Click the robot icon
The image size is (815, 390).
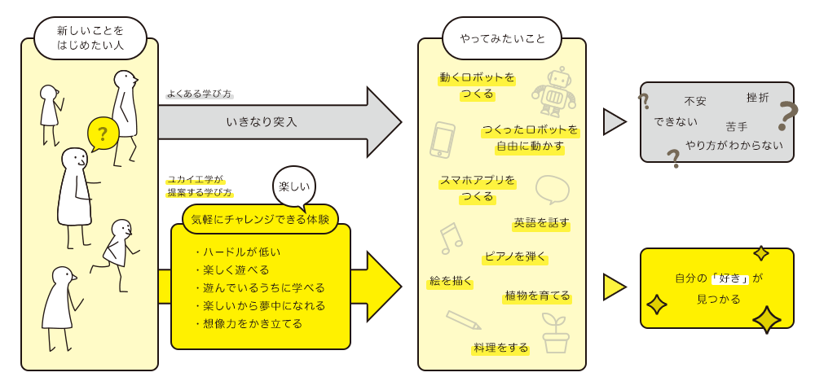point(553,91)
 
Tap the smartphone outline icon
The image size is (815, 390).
point(443,140)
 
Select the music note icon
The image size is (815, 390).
point(451,239)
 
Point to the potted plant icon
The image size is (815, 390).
point(556,333)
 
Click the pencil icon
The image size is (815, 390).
point(464,320)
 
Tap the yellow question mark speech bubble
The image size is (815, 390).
point(103,134)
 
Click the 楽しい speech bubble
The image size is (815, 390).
point(294,187)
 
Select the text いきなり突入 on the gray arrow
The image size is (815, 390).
point(262,123)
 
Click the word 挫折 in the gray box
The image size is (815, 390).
point(757,97)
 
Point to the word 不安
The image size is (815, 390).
point(695,101)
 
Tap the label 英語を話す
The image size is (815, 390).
point(541,223)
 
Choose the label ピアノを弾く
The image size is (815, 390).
point(514,256)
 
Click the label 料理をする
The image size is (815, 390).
point(500,348)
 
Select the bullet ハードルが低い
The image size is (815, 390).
point(238,252)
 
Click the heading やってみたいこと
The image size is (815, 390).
point(502,38)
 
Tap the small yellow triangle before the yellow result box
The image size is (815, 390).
point(615,287)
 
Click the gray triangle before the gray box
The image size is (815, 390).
point(615,122)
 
